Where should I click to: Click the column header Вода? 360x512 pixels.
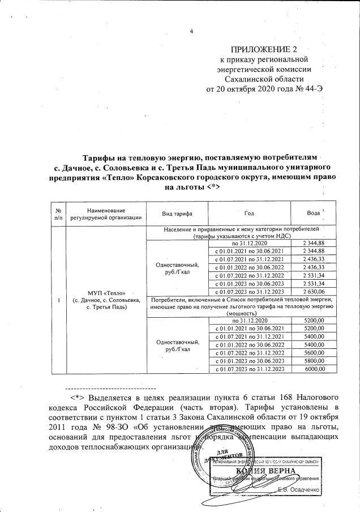pyautogui.click(x=314, y=213)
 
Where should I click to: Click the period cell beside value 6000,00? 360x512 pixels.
pyautogui.click(x=249, y=369)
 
